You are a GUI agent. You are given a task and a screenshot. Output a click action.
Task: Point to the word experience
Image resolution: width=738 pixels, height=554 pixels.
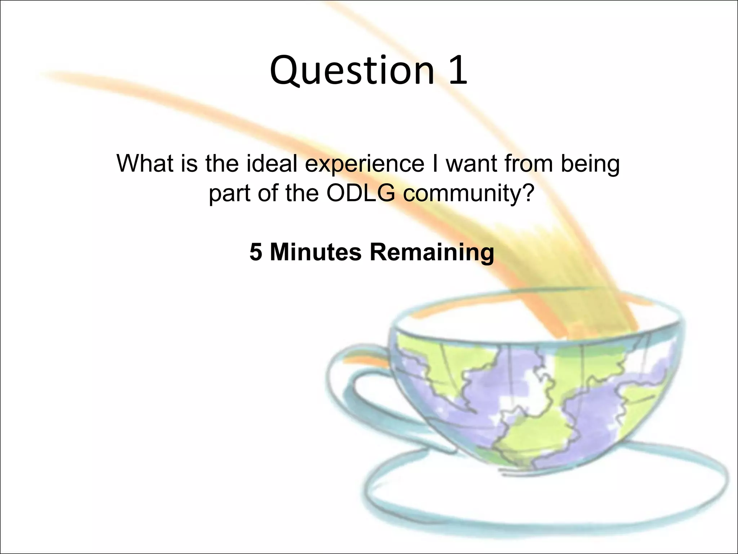364,164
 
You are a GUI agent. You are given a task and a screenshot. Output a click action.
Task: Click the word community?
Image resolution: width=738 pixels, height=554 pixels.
468,194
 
